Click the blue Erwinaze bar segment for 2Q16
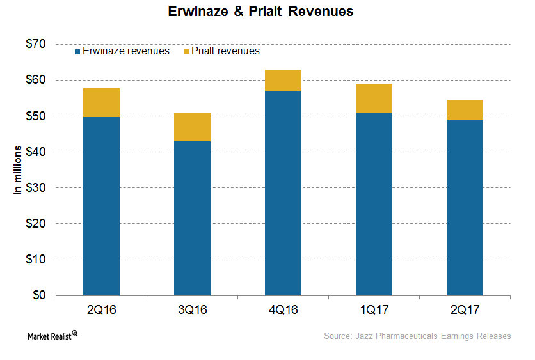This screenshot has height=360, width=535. [x=101, y=206]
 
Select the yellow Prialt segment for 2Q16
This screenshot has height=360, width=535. [x=101, y=102]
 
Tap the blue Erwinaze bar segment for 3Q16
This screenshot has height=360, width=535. [x=192, y=218]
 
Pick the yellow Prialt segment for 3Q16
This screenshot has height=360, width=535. [x=192, y=127]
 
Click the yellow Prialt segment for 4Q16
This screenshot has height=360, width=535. [x=283, y=80]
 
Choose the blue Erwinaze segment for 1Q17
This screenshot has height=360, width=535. [x=374, y=204]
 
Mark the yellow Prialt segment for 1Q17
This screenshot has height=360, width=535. [x=374, y=98]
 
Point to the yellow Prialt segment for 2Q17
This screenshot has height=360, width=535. [x=465, y=109]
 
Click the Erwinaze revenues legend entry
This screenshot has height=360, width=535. [x=122, y=51]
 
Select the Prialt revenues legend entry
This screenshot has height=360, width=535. [x=221, y=51]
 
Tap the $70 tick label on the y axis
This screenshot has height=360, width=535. [x=36, y=44]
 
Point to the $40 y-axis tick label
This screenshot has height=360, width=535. [x=36, y=152]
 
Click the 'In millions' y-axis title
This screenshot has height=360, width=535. [x=18, y=169]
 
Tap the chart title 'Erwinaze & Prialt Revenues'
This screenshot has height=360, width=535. [x=267, y=12]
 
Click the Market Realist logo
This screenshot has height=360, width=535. [x=49, y=336]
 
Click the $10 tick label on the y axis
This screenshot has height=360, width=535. [x=36, y=260]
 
